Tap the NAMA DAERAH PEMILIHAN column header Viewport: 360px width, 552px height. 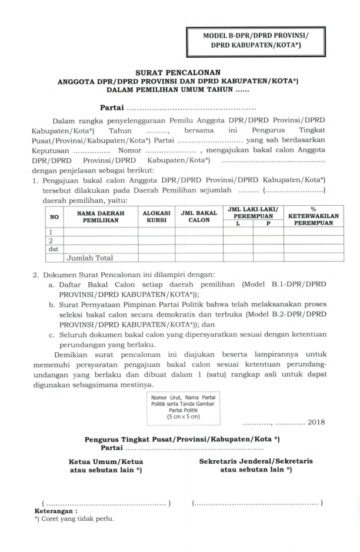point(101,216)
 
